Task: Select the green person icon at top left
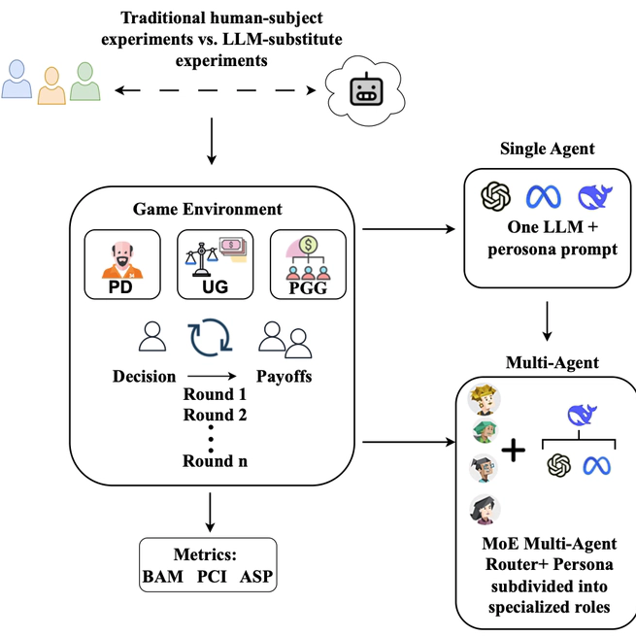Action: coord(85,82)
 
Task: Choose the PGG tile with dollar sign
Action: coord(307,263)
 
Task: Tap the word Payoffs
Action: coord(284,377)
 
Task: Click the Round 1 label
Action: coord(215,396)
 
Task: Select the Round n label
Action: coord(215,460)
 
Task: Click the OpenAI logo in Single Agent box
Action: coord(496,197)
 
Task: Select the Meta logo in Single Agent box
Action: coord(544,197)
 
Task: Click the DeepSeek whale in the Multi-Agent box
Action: coord(578,417)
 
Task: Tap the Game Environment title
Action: coord(209,209)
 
